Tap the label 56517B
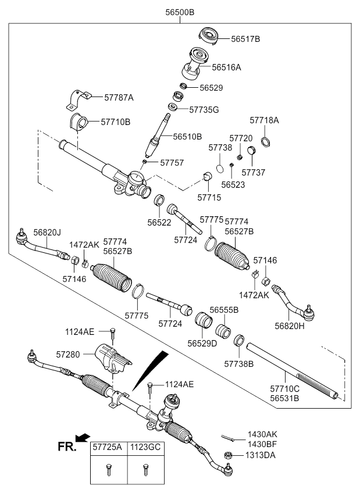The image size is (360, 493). click(x=245, y=39)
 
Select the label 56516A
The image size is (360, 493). click(x=226, y=67)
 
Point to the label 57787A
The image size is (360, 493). click(x=118, y=98)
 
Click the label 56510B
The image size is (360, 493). click(x=187, y=137)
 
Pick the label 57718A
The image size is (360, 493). click(x=265, y=120)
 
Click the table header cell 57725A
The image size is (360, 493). click(x=108, y=449)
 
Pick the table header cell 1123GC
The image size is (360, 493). click(x=144, y=449)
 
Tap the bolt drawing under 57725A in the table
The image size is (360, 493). click(x=109, y=470)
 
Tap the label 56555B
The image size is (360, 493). click(x=224, y=310)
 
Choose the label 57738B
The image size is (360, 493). click(x=239, y=363)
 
